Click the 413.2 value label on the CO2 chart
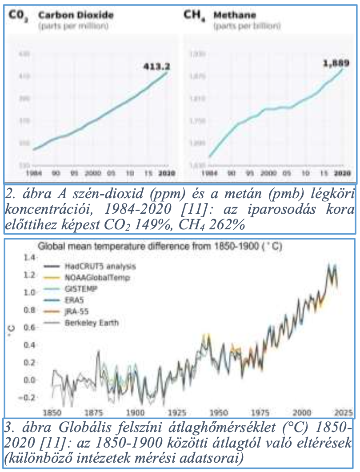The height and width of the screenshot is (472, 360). point(156,67)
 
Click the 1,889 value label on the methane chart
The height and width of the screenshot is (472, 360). point(336,64)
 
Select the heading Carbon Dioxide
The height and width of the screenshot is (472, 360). point(76,15)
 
